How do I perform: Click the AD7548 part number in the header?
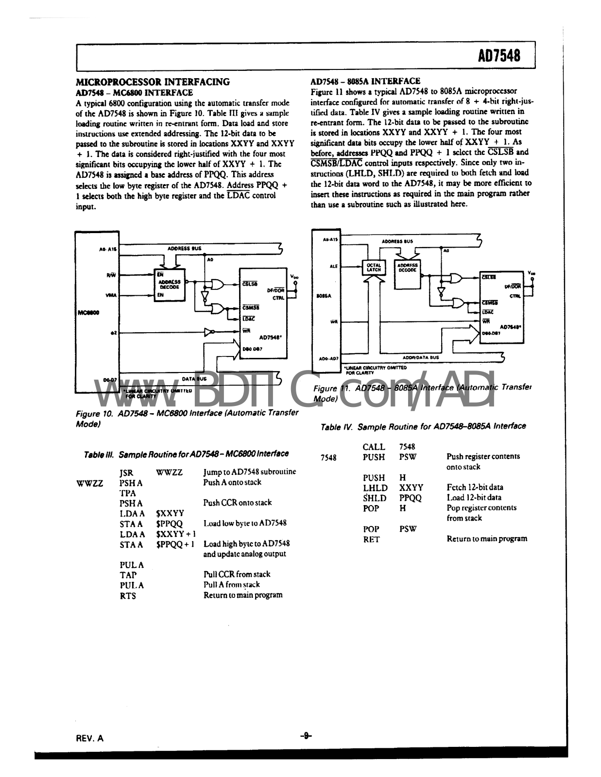tap(499, 56)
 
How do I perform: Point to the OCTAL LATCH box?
tap(374, 268)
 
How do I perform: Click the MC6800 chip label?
tap(87, 313)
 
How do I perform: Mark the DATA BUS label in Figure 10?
tap(194, 378)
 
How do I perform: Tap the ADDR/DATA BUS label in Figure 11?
tap(421, 357)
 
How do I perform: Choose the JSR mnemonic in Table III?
tap(126, 472)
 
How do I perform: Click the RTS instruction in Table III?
tap(128, 595)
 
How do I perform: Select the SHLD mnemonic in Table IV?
tap(375, 498)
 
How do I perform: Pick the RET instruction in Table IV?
tap(371, 539)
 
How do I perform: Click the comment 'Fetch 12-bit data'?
tap(475, 487)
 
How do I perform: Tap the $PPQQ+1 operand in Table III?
tap(175, 544)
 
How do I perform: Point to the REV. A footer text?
tap(90, 738)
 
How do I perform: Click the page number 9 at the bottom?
tap(306, 736)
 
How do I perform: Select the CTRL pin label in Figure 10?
tap(278, 298)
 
